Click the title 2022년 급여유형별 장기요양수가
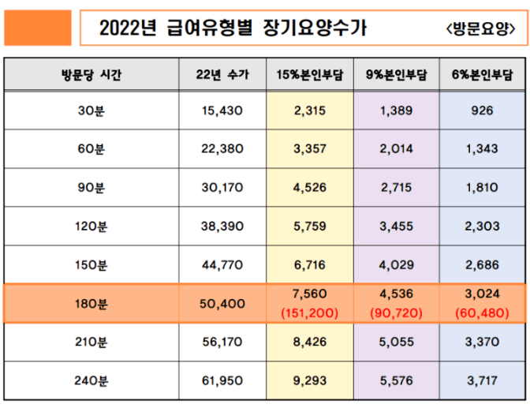point(233,29)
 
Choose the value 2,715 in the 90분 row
point(396,189)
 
